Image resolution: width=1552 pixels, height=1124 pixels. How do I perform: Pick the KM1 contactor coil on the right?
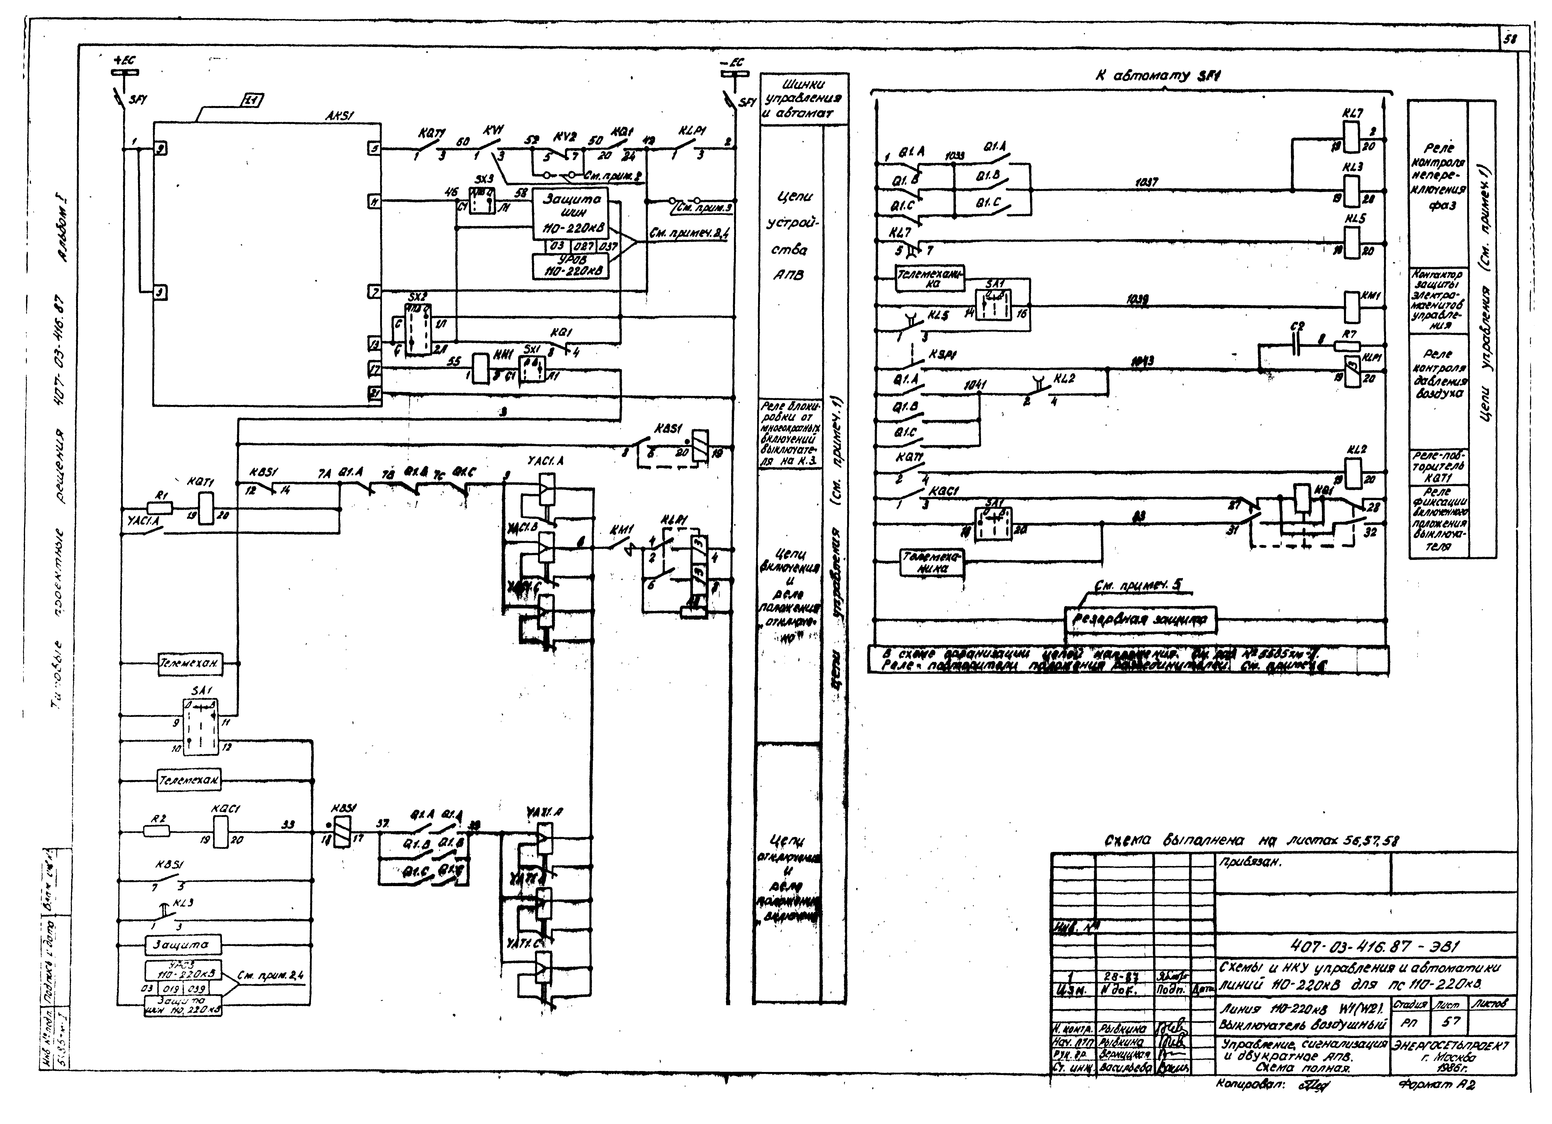click(x=1351, y=307)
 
